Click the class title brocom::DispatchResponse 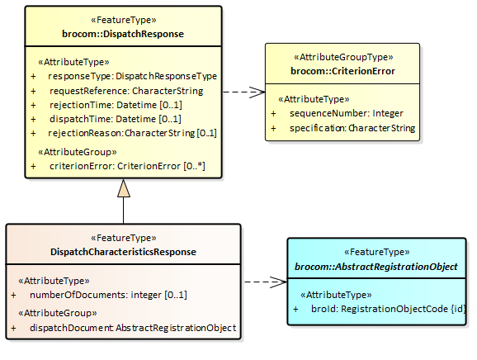(123, 34)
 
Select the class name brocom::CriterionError (342, 71)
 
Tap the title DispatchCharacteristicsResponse (123, 252)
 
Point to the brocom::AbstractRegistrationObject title (376, 267)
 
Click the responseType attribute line (132, 76)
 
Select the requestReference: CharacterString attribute (126, 91)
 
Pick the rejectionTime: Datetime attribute (116, 105)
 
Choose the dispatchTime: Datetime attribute (116, 119)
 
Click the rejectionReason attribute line (132, 133)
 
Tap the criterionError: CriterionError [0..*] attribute (127, 166)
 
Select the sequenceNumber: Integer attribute (346, 113)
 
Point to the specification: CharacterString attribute (352, 128)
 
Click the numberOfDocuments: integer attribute (108, 295)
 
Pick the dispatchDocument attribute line (133, 328)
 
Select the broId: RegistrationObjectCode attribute (389, 309)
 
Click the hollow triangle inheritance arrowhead (124, 188)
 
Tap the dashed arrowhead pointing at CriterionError (257, 92)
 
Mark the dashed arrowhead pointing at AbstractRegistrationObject (279, 282)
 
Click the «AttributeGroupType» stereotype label (343, 57)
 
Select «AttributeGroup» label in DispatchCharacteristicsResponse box (58, 313)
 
